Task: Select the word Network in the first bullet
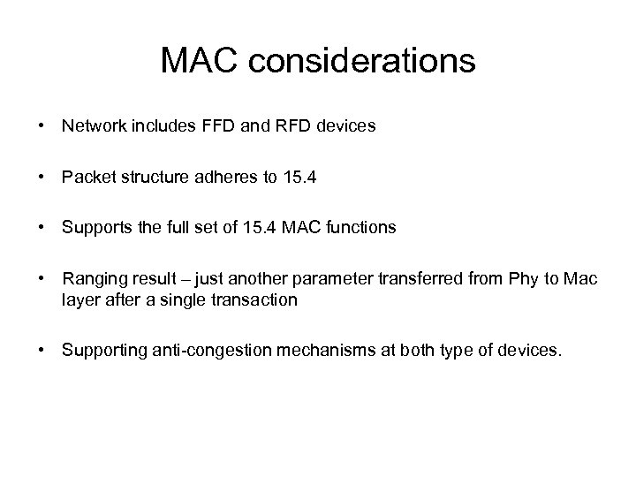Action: [92, 126]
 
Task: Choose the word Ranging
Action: [91, 279]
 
